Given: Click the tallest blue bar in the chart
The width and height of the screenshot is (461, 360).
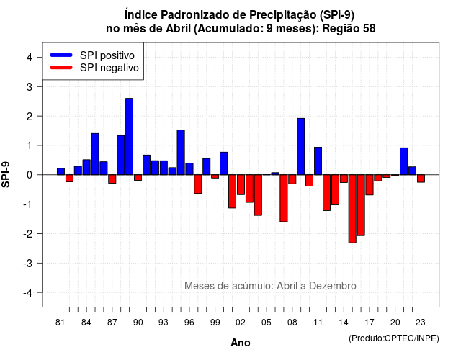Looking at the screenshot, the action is [130, 136].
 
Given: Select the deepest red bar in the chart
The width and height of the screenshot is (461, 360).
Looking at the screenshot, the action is [352, 209].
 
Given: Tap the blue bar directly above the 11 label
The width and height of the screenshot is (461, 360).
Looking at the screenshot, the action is [318, 161].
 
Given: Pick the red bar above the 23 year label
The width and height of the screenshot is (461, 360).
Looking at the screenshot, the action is [421, 179].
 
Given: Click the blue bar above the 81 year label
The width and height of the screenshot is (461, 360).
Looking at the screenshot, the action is [61, 171].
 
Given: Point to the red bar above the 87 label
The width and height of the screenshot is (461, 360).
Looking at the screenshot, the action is [112, 179].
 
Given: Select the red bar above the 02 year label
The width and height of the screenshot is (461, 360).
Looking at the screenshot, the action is [241, 184].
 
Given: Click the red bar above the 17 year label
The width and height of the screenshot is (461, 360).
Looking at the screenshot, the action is [370, 185].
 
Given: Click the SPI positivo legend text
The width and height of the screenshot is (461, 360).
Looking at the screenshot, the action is [107, 55].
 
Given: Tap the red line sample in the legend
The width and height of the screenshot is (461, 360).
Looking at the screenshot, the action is [61, 67].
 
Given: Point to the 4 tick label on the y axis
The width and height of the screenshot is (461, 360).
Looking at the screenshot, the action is [30, 58].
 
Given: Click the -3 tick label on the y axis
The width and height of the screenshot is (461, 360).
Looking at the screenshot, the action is [27, 263].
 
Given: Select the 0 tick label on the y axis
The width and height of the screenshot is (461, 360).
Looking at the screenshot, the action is [30, 175].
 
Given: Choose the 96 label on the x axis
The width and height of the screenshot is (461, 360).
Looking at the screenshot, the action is [189, 323].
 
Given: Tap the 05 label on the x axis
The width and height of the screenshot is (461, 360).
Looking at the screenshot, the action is [267, 323].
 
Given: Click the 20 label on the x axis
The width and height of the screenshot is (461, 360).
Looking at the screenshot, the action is [395, 323].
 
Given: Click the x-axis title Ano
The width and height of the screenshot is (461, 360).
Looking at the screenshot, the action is [241, 343].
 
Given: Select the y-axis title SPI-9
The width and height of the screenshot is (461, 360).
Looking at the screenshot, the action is [6, 174].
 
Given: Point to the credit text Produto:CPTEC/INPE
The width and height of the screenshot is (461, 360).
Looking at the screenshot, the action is [394, 338].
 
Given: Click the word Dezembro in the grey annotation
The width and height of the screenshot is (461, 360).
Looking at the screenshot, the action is [333, 286].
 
